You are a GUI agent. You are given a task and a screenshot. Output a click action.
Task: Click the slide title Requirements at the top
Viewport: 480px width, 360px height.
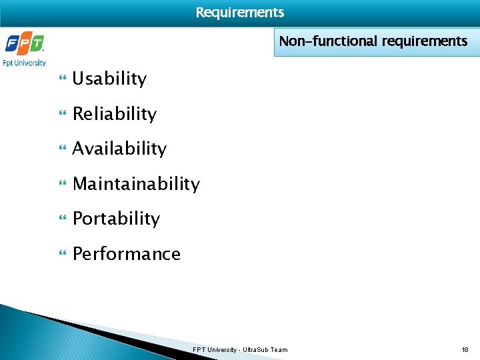240,13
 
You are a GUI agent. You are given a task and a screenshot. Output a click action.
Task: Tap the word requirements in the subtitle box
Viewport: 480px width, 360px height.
425,41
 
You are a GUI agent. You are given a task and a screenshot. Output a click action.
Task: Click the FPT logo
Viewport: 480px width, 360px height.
25,44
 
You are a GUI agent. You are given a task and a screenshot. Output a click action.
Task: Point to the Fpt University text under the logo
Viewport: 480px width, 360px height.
25,63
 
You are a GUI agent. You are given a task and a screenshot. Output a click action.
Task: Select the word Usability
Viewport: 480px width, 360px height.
109,79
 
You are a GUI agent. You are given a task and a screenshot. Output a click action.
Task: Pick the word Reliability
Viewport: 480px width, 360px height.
114,114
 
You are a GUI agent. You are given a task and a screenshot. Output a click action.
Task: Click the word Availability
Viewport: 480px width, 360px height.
119,149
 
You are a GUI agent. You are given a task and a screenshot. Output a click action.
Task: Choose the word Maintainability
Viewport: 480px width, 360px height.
136,184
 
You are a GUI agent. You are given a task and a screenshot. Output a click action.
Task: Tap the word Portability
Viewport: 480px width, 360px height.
116,219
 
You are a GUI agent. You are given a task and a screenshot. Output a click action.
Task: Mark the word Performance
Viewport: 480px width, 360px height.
126,254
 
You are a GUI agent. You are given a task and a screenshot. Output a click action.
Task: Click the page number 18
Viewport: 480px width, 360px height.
465,349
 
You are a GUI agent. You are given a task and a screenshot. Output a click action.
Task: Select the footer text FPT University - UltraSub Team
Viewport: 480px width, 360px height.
240,349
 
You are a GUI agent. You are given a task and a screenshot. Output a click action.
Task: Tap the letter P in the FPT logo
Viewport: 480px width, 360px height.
25,44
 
